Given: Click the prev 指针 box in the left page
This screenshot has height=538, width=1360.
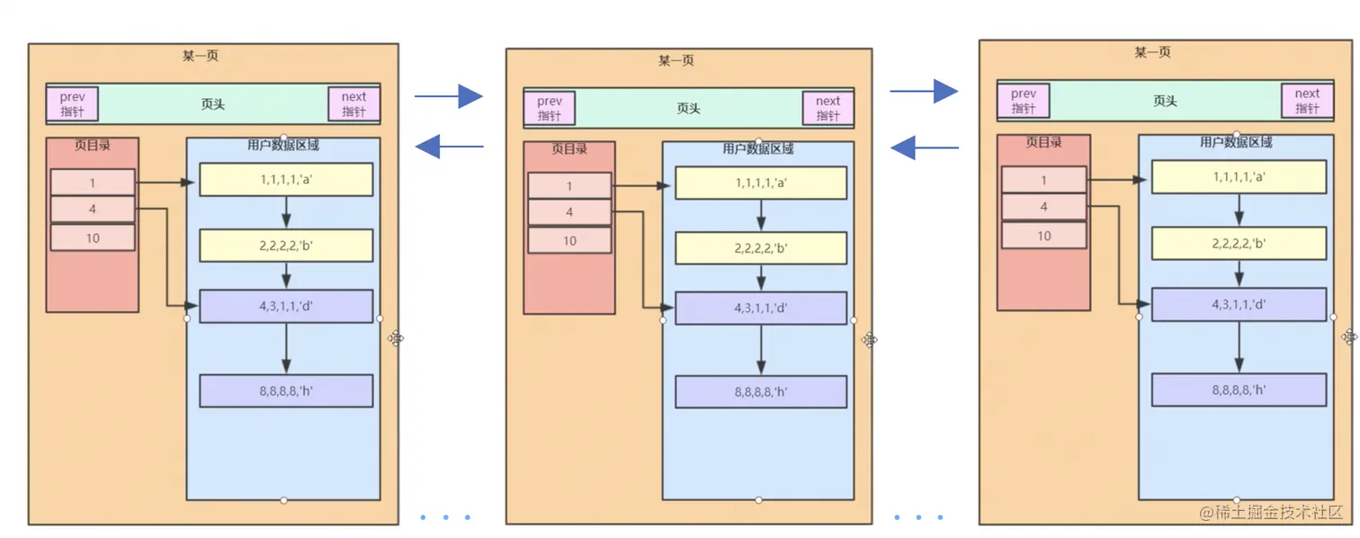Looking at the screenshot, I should coord(72,103).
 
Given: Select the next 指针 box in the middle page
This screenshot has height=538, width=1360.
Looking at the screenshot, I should coord(828,108).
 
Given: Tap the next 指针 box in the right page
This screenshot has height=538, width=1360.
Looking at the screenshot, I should coord(1307,100).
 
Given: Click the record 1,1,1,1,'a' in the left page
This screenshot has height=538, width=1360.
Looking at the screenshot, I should coord(286,179).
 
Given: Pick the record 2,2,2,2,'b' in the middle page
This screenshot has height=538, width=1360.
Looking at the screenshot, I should coord(761,248).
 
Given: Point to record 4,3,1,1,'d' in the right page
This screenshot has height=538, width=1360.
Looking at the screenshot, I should coord(1239,304).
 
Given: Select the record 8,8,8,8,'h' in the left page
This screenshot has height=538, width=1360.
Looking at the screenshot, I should coord(286,390).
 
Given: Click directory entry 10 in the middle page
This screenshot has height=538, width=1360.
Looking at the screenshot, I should coord(569,240).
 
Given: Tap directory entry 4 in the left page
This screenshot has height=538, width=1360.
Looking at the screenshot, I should coord(93,210).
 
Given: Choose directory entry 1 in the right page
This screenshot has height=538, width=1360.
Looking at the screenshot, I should coord(1043,180).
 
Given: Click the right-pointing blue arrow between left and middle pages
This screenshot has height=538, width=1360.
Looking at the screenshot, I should coord(450,95).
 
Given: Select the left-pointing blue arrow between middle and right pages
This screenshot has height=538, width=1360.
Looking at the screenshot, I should coord(924,147).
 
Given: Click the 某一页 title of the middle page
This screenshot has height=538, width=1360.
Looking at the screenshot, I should coord(676,60).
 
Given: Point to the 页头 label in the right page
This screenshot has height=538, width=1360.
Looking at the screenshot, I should coord(1165,101).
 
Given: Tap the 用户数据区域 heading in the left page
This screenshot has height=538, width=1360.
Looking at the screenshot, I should coord(283,144).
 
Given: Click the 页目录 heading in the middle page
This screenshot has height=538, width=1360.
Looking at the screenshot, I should coord(569,148).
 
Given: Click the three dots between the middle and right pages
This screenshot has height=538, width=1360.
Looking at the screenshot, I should coord(919,517).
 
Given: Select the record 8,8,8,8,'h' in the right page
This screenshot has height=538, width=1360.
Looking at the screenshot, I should coord(1239,390).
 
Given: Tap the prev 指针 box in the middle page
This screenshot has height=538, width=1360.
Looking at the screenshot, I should coord(550,108).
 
